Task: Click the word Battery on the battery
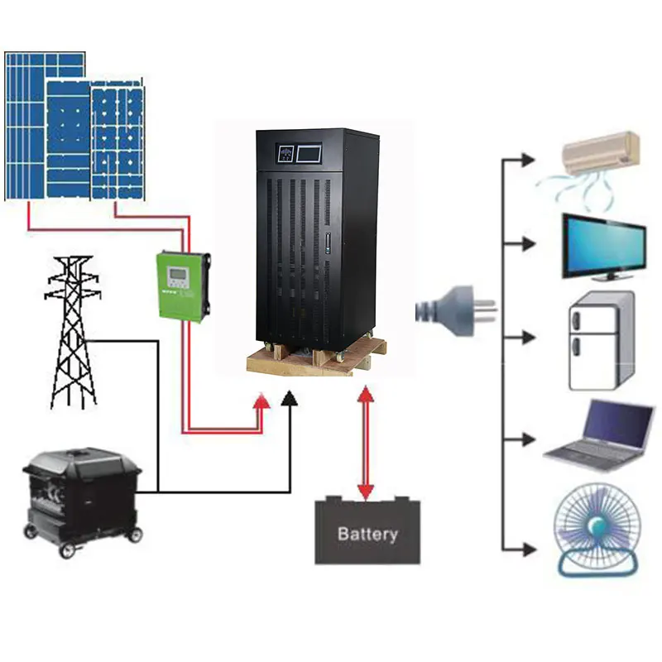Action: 367,534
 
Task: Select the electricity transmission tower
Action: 72,331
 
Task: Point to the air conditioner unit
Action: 602,154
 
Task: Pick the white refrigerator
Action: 601,340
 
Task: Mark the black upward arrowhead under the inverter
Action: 290,401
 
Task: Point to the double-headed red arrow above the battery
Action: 365,443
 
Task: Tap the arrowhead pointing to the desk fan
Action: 528,547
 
